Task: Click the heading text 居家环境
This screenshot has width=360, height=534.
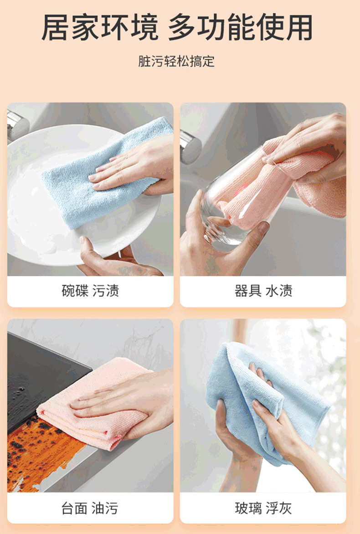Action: click(x=100, y=28)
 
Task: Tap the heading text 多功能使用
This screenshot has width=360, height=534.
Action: click(x=241, y=28)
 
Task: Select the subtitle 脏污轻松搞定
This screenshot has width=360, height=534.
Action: click(x=176, y=62)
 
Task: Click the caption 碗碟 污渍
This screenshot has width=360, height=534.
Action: click(x=90, y=291)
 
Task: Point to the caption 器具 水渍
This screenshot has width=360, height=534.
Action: click(x=263, y=291)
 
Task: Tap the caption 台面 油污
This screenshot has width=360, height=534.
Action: click(x=90, y=508)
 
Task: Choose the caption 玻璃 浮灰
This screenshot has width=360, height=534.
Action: click(x=263, y=508)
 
